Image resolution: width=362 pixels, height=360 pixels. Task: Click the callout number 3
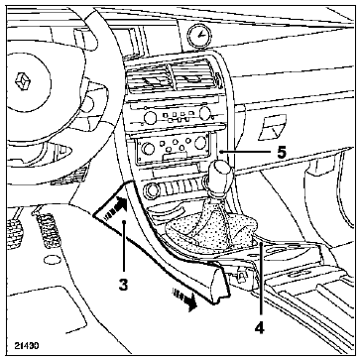pos(123,286)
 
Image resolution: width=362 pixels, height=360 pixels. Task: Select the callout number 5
pos(282,152)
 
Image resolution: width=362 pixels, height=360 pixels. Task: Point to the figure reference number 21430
pos(27,346)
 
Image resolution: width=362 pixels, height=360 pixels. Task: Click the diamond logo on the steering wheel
pos(23,81)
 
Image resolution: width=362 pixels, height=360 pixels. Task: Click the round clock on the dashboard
pos(200,35)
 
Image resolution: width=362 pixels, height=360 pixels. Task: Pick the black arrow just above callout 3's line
pos(115,206)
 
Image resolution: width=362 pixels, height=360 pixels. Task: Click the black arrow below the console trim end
pos(184,300)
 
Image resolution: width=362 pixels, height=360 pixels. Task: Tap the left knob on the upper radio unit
pos(151,117)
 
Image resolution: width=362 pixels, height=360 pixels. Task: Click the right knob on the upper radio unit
pos(205,113)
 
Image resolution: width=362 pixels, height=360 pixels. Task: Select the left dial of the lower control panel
pos(148,149)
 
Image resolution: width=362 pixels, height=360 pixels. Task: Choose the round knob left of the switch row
pos(152,190)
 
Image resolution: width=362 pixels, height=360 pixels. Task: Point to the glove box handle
pos(272,127)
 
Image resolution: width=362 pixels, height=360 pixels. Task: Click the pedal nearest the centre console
pos(47,230)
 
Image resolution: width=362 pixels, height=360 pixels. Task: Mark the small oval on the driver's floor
pos(53,260)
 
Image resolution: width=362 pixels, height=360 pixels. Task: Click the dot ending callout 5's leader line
pos(221,152)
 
